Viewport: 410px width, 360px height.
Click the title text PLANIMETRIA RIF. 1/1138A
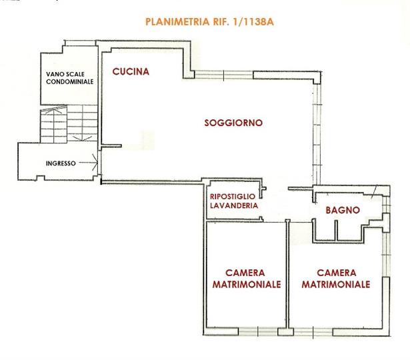click(x=209, y=22)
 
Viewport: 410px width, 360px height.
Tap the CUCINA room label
click(x=131, y=71)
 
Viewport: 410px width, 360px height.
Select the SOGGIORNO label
click(x=233, y=123)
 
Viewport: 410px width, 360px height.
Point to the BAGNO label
click(x=343, y=210)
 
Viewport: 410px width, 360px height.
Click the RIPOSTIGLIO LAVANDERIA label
click(x=234, y=201)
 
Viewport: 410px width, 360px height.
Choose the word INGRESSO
click(x=61, y=163)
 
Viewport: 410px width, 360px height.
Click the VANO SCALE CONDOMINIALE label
click(x=69, y=78)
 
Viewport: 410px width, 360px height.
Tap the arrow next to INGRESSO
click(x=89, y=163)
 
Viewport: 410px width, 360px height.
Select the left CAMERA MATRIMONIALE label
click(x=246, y=279)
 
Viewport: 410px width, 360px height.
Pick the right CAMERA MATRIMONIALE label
click(x=336, y=279)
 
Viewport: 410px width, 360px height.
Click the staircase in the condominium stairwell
click(x=69, y=123)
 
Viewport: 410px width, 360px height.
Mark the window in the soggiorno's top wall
click(x=224, y=75)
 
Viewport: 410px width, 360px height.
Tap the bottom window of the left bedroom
click(x=258, y=331)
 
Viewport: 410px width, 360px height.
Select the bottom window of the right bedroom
click(x=313, y=332)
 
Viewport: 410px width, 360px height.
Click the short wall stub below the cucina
click(x=111, y=146)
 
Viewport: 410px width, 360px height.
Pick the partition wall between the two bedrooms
click(x=287, y=274)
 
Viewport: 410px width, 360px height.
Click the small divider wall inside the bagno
click(x=336, y=230)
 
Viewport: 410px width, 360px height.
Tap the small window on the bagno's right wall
click(x=386, y=205)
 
